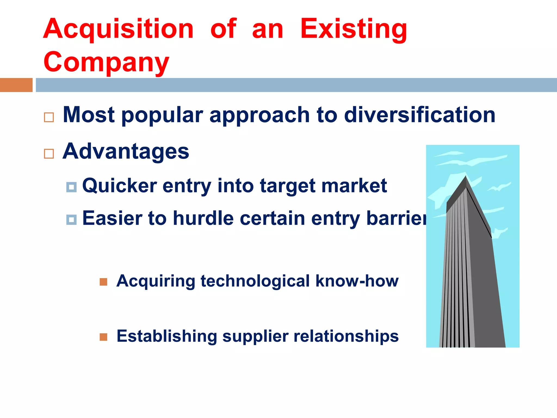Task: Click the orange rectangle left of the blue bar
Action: click(16, 85)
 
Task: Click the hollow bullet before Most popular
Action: click(49, 117)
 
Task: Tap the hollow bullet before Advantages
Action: click(49, 154)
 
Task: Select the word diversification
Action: click(420, 115)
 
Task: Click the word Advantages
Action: click(126, 151)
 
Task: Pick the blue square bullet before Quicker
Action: click(71, 187)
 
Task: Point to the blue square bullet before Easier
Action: click(71, 220)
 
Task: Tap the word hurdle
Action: click(203, 218)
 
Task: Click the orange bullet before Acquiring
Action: click(103, 282)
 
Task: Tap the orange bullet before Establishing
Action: click(103, 337)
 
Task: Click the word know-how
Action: click(357, 281)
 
